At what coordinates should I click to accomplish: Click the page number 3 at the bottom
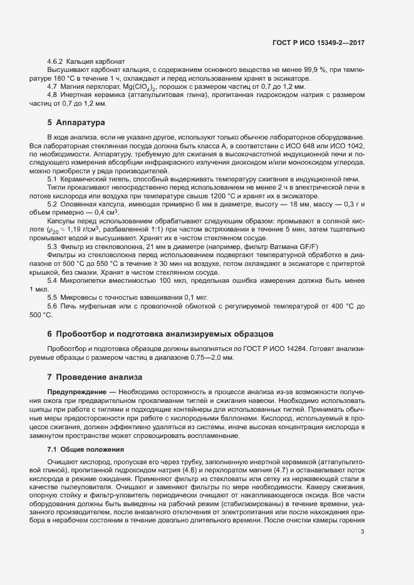pyautogui.click(x=363, y=549)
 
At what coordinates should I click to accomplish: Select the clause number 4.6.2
pyautogui.click(x=56, y=62)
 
